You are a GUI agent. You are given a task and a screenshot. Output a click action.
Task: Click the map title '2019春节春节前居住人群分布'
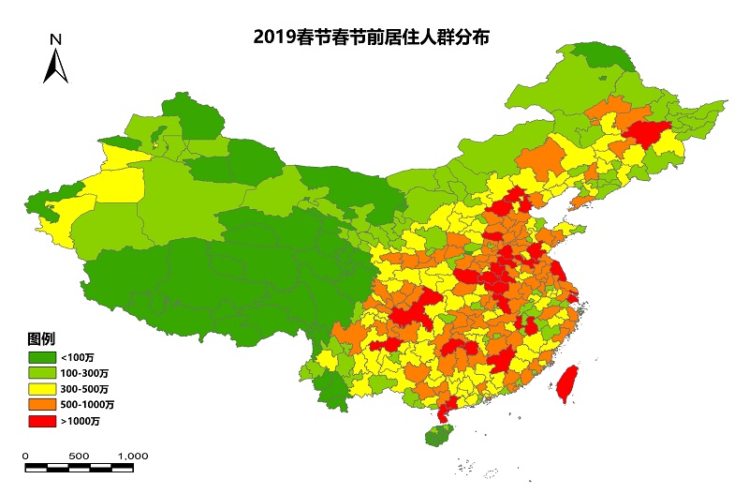click(x=373, y=37)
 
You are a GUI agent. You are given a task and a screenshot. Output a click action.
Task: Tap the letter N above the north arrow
click(x=56, y=39)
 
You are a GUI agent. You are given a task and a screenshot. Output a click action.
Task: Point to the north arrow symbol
click(x=56, y=66)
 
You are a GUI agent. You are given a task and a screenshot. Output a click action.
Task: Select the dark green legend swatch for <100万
click(x=40, y=357)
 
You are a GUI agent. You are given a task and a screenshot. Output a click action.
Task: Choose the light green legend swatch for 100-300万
click(x=40, y=373)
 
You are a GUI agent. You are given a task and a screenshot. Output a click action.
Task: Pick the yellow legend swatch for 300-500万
click(x=40, y=389)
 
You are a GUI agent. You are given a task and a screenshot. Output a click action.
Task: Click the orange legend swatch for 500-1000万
click(x=40, y=405)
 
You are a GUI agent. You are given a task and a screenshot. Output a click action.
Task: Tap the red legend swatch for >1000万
click(x=40, y=421)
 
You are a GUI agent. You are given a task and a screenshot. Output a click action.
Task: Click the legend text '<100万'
click(x=77, y=357)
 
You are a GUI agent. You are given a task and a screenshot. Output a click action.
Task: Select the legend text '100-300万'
click(x=85, y=373)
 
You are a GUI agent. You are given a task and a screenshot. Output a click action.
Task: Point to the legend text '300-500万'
click(x=85, y=389)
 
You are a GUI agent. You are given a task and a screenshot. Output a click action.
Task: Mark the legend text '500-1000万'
click(x=88, y=405)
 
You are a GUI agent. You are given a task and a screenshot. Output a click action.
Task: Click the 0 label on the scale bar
click(x=25, y=456)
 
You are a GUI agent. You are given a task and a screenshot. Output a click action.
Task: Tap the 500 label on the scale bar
click(x=79, y=456)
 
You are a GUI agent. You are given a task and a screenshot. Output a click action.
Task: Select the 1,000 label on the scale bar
click(x=133, y=456)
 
